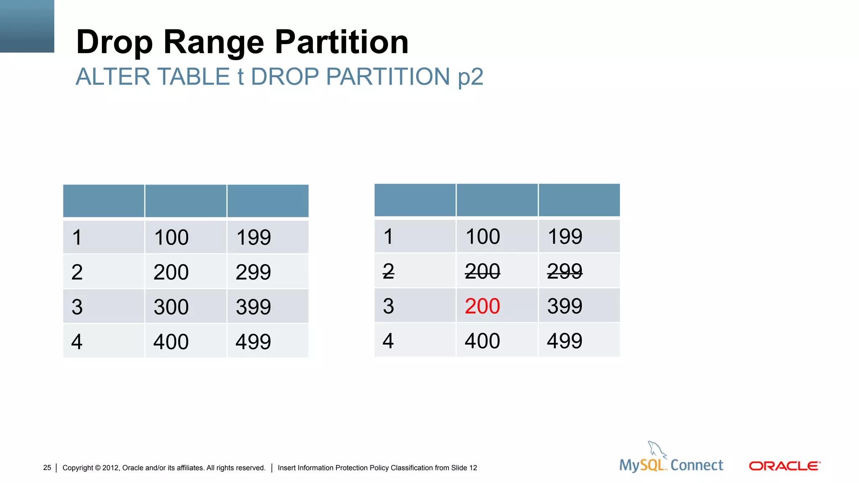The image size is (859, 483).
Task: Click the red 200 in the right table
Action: click(482, 306)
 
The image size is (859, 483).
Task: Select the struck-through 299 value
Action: click(565, 271)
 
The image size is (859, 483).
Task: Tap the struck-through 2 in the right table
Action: click(388, 271)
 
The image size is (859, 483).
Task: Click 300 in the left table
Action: click(171, 307)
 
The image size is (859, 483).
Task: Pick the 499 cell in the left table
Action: click(253, 342)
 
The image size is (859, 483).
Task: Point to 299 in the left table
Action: click(253, 272)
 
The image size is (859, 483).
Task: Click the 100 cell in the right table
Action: click(483, 236)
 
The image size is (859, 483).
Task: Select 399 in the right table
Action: click(565, 306)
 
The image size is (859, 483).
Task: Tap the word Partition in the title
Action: click(341, 42)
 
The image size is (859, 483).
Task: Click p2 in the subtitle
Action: click(470, 77)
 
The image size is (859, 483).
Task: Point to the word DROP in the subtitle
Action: click(285, 77)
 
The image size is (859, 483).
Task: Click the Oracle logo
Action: click(784, 466)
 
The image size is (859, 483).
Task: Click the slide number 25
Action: click(47, 467)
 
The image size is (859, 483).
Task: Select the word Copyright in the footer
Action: click(78, 467)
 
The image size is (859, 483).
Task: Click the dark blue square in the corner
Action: click(27, 26)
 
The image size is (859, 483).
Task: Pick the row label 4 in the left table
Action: click(77, 342)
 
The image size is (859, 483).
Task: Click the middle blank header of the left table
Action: click(186, 201)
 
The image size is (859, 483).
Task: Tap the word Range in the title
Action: click(214, 42)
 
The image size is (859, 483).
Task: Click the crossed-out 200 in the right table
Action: click(482, 271)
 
